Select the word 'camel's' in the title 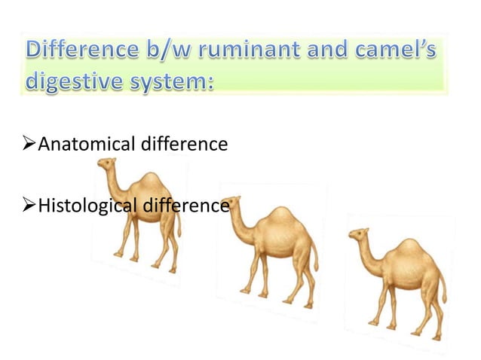tap(393, 52)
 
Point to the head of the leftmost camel tap(107, 164)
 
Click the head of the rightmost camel tap(358, 235)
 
